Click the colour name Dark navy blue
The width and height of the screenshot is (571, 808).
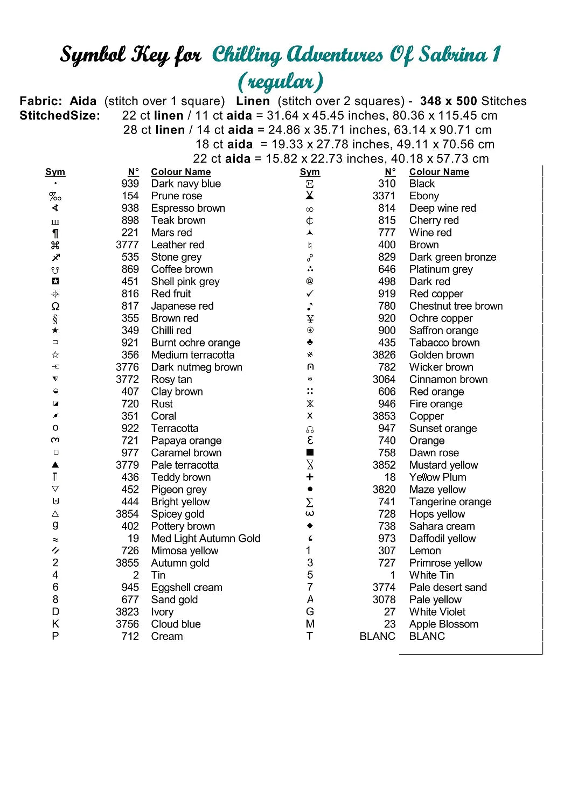click(x=186, y=184)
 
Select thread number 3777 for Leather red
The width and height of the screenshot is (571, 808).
click(x=127, y=245)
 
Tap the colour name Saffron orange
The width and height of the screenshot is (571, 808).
click(x=443, y=331)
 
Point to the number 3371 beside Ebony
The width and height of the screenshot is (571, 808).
click(x=384, y=196)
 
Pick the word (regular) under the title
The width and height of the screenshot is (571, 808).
click(x=280, y=82)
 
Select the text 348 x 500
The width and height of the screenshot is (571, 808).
click(x=448, y=101)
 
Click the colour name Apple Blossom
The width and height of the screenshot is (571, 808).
click(x=443, y=624)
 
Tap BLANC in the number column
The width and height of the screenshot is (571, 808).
click(x=377, y=637)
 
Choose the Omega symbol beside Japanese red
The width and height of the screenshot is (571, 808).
click(x=55, y=307)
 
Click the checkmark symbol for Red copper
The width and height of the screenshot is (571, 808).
click(x=310, y=294)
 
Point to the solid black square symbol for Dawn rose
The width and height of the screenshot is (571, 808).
click(x=310, y=453)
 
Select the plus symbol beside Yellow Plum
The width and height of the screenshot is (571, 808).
click(x=310, y=477)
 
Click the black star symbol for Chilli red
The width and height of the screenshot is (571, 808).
click(x=55, y=330)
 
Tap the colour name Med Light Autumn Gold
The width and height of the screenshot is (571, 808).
click(x=205, y=539)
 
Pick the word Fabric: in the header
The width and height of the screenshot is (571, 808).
click(x=40, y=101)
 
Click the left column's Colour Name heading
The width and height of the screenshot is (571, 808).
click(x=180, y=172)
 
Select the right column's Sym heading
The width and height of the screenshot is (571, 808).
click(x=310, y=172)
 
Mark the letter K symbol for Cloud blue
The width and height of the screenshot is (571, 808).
click(x=55, y=624)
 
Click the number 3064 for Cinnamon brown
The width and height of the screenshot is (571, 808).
click(x=384, y=380)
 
